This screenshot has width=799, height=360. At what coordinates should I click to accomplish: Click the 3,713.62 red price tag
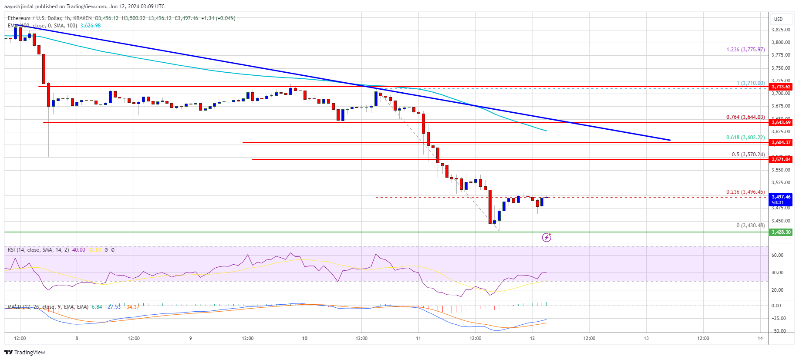(781, 87)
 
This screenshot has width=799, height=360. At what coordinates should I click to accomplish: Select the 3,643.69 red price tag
(781, 123)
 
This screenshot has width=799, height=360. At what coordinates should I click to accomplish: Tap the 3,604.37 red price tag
(781, 143)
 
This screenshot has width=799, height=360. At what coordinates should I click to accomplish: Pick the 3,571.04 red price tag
(781, 160)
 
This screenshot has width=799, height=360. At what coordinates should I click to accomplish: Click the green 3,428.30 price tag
(781, 232)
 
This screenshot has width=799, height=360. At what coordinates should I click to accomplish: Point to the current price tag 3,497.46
(781, 197)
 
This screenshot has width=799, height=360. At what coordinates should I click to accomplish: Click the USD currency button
(778, 19)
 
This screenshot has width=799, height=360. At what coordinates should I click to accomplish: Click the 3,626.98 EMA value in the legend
(90, 26)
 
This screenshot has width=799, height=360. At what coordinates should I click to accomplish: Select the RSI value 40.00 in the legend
(79, 250)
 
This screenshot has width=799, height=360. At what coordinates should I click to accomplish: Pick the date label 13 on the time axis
(646, 338)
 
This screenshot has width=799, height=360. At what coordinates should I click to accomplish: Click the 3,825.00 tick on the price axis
(781, 30)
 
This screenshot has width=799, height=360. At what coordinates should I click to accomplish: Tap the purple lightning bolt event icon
(546, 237)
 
